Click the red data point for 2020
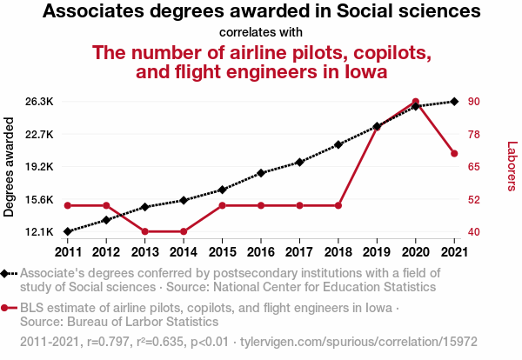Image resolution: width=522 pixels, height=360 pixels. (416, 102)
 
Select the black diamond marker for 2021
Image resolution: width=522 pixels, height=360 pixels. (454, 102)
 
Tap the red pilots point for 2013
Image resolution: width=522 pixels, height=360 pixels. (144, 231)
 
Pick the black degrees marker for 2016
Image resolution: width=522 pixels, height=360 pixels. (261, 173)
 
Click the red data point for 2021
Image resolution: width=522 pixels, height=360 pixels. (454, 154)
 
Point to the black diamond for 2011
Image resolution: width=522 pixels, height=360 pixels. (68, 231)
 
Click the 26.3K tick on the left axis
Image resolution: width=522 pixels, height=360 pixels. (40, 102)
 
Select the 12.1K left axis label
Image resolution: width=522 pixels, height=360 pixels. (40, 232)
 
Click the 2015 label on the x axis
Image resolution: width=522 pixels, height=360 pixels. (222, 251)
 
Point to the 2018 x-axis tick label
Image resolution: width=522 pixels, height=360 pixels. (338, 251)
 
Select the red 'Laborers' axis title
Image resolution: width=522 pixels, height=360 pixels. (512, 167)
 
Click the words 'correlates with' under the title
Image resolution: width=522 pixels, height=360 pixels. (261, 33)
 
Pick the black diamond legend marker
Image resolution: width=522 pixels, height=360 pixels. (6, 273)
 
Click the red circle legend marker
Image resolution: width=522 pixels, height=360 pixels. (6, 308)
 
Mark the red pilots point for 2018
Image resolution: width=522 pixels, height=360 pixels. (338, 205)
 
